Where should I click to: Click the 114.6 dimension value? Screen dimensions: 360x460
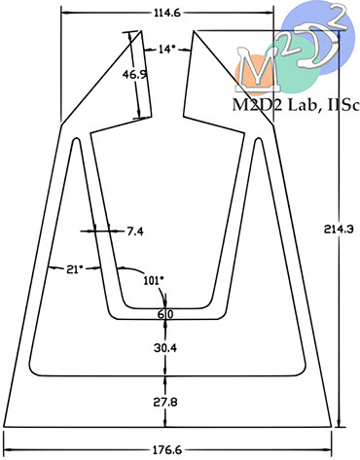[167, 13]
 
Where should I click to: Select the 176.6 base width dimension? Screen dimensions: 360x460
[167, 450]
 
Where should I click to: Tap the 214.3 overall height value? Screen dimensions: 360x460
[339, 230]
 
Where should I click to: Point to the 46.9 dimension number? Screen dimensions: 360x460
[134, 75]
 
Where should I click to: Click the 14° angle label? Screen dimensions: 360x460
[166, 49]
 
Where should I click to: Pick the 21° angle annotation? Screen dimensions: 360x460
[75, 269]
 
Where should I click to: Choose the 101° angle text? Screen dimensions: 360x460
[154, 280]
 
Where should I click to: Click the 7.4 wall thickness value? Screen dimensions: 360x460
[135, 231]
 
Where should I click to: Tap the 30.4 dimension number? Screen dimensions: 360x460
[165, 348]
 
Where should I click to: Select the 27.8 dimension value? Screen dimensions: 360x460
[165, 403]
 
